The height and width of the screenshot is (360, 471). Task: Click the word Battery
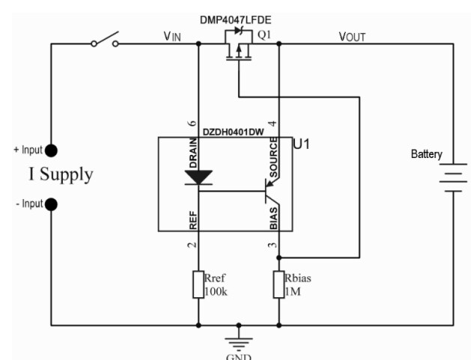point(428,154)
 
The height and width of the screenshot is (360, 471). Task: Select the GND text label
point(240,355)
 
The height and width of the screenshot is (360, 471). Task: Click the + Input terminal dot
point(52,150)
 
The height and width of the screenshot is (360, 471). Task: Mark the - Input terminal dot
point(52,203)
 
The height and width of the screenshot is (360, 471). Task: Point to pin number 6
point(191,123)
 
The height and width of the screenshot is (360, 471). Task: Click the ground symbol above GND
point(240,339)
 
